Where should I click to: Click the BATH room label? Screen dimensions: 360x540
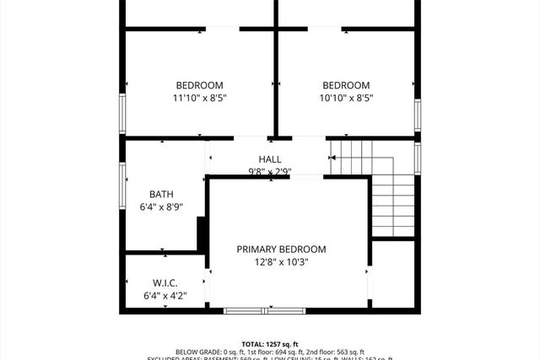pos(161,194)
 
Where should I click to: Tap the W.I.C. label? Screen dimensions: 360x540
pos(165,282)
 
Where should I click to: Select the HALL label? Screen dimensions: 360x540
pos(270,159)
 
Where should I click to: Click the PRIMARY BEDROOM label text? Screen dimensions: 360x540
pos(281,249)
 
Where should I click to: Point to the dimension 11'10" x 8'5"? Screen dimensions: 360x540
pos(199,98)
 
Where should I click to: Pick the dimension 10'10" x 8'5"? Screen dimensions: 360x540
pos(346,98)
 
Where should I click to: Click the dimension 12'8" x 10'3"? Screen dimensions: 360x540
pos(281,261)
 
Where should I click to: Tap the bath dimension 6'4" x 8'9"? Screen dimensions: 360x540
pos(161,207)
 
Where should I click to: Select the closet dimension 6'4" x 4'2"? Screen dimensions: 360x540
pos(165,296)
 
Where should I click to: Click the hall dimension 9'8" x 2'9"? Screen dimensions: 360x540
pos(270,171)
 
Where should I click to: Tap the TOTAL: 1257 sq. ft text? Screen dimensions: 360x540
pos(270,344)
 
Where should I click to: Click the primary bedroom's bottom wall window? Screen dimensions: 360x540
pos(266,311)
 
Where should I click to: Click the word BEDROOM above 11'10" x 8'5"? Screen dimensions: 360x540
pos(199,85)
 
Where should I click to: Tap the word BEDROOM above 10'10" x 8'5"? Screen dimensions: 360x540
pos(346,85)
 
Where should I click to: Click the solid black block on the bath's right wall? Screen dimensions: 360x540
pos(202,234)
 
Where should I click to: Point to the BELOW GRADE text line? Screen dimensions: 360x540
pos(270,352)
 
